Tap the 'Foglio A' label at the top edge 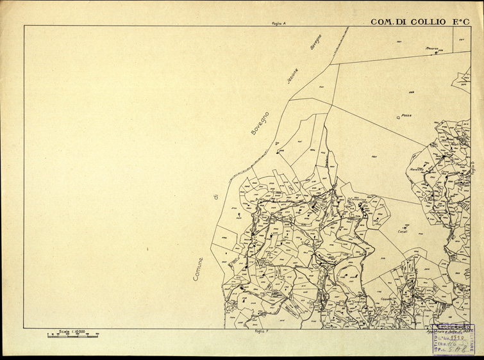coord(278,23)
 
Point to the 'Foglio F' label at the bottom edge coord(260,332)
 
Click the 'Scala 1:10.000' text coord(71,331)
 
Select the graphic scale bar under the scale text coord(72,335)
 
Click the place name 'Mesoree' coord(431,48)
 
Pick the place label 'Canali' coord(403,231)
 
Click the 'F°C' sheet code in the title coord(460,22)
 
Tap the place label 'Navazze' coord(417,170)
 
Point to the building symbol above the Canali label coord(405,227)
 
